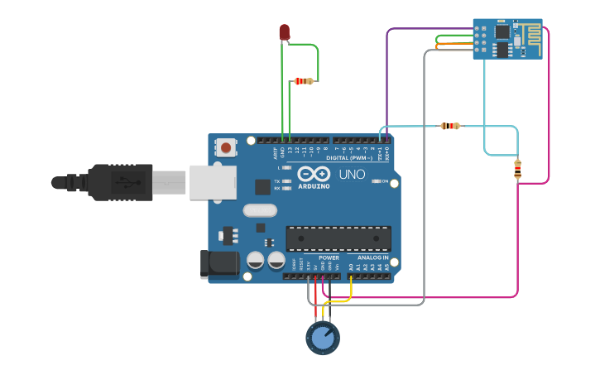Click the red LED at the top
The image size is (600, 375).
[x=284, y=32]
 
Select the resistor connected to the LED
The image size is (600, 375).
[x=305, y=81]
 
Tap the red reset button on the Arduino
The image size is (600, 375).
[x=225, y=148]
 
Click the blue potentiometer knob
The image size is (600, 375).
[x=323, y=338]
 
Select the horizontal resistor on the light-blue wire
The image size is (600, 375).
[x=449, y=126]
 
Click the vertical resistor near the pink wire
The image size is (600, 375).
[x=518, y=169]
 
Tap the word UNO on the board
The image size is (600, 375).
[x=352, y=175]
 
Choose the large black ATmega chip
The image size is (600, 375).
[x=338, y=238]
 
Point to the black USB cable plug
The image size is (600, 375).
[x=120, y=182]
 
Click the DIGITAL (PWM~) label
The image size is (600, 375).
[x=350, y=157]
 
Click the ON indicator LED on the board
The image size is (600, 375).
[x=377, y=181]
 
